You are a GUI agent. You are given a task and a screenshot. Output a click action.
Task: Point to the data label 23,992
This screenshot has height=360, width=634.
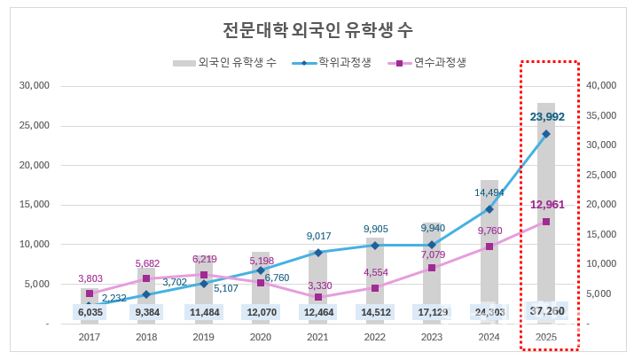click(x=546, y=116)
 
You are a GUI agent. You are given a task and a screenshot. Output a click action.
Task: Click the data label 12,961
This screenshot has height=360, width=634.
click(x=546, y=205)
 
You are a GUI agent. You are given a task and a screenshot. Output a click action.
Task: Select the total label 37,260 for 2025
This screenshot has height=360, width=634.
click(x=546, y=311)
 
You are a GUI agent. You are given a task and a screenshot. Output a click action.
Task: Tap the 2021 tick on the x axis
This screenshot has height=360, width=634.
click(x=318, y=338)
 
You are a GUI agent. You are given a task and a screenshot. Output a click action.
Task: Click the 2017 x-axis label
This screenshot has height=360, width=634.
click(x=90, y=338)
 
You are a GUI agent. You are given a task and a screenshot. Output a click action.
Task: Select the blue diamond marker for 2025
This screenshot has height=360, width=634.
click(x=546, y=134)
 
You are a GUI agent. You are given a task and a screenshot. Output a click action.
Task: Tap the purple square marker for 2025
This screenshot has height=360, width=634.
click(x=546, y=222)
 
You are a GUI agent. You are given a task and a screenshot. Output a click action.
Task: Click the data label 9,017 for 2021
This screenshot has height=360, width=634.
click(x=318, y=236)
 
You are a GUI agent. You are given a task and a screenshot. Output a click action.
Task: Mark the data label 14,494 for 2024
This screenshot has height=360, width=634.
click(x=489, y=192)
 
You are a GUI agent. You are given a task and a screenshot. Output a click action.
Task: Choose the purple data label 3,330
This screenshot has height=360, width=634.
click(x=318, y=285)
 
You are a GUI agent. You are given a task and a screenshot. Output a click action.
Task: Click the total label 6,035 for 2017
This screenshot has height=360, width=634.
click(x=90, y=312)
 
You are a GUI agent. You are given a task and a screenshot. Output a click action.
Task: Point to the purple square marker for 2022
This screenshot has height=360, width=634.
click(x=375, y=288)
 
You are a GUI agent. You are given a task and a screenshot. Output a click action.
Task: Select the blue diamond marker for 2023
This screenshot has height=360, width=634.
click(x=432, y=245)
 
